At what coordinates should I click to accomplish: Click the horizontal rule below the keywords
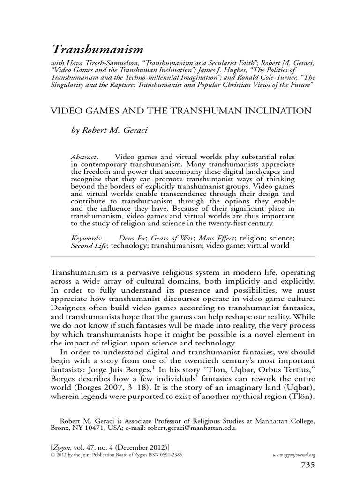(182, 257)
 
